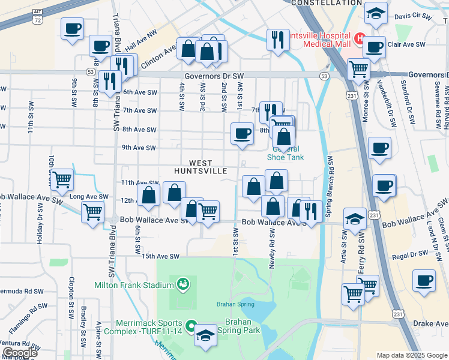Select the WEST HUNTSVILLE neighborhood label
tap(200, 167)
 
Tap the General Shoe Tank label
tap(285, 154)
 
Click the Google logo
tap(19, 353)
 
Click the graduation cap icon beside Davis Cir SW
tap(376, 14)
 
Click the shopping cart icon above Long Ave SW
tap(62, 179)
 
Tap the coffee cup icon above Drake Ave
tap(424, 282)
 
